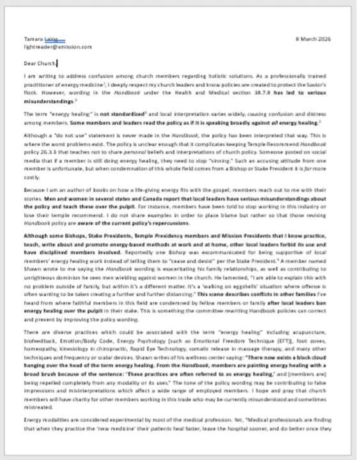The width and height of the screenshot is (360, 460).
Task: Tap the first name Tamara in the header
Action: tap(35, 40)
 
